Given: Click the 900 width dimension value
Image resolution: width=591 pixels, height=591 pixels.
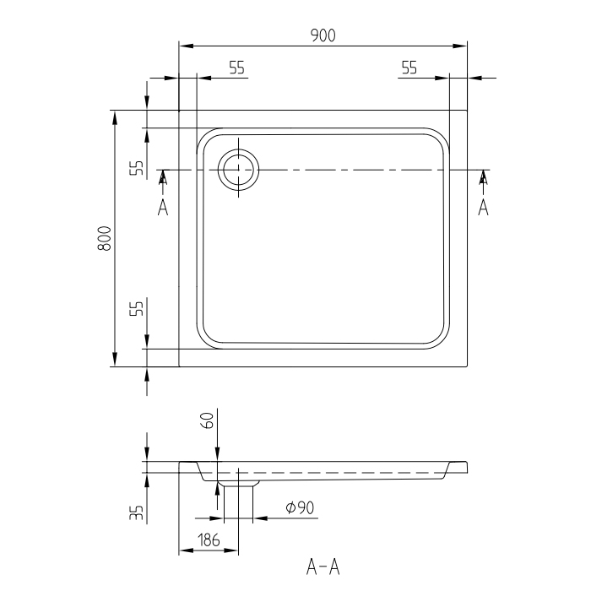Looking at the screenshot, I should pos(323,35).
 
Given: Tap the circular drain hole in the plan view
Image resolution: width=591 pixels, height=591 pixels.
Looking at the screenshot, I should pos(239,171).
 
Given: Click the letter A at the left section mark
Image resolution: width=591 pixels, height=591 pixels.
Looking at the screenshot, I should pos(163,207).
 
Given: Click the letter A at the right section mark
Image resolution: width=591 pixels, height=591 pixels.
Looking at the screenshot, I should pos(483,207).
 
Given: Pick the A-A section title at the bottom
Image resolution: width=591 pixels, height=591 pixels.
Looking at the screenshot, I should pos(323,565).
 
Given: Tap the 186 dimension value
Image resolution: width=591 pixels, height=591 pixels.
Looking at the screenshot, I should pos(209,540).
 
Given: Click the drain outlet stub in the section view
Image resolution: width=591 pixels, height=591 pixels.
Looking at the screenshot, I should pos(238,484).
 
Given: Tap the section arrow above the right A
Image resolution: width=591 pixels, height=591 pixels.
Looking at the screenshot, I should pos(484,177).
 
